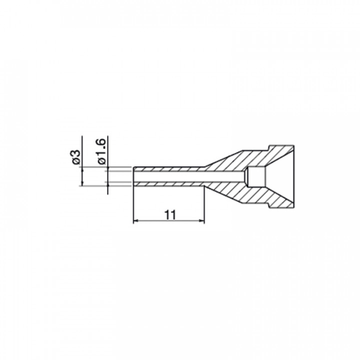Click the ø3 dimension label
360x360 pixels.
(76, 157)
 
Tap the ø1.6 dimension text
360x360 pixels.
(101, 151)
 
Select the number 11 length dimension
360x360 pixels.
(170, 215)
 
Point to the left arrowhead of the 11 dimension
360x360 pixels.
(135, 221)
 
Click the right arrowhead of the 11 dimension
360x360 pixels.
(202, 221)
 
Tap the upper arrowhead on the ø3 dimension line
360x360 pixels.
(82, 169)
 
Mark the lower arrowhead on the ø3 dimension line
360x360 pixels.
(82, 183)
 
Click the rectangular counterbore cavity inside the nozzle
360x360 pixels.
(256, 176)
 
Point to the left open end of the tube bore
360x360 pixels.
(133, 176)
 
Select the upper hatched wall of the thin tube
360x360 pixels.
(169, 169)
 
